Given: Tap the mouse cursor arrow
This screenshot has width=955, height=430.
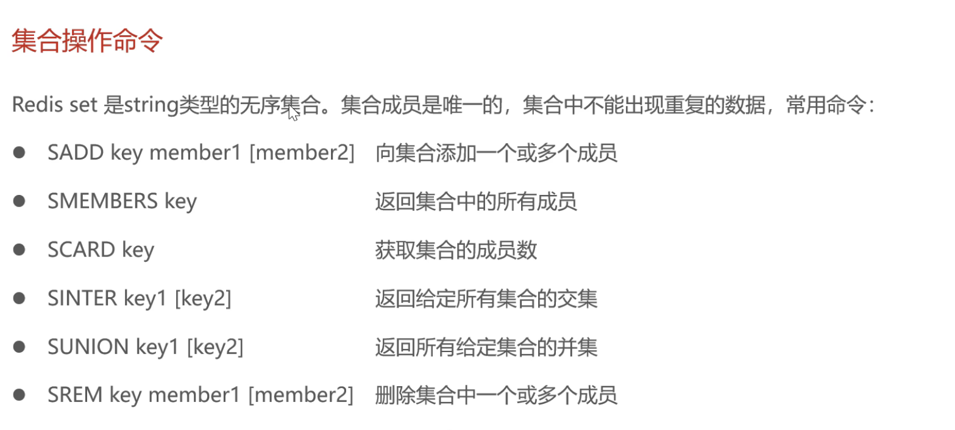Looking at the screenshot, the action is coord(293,112).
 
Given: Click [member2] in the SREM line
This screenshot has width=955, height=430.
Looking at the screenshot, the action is coord(301,396).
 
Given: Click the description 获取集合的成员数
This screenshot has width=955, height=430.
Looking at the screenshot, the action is coord(456,250).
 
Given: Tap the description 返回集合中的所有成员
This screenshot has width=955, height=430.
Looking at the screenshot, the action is coord(476,202).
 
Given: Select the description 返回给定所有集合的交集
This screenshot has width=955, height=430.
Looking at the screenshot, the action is coord(486,298).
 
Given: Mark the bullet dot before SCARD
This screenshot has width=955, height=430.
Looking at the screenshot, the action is coord(20,250).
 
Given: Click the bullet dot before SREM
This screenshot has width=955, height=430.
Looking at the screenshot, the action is coord(20,395).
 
